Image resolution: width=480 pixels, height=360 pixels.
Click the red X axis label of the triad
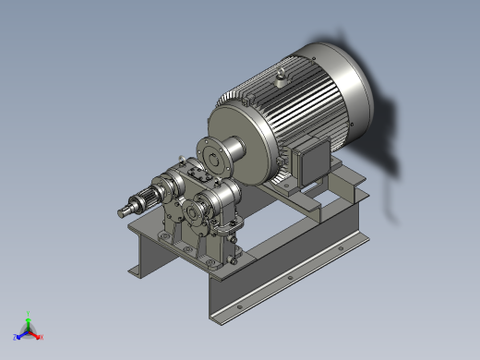pyautogui.click(x=41, y=338)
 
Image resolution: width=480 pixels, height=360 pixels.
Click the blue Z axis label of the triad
pyautogui.click(x=17, y=337)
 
